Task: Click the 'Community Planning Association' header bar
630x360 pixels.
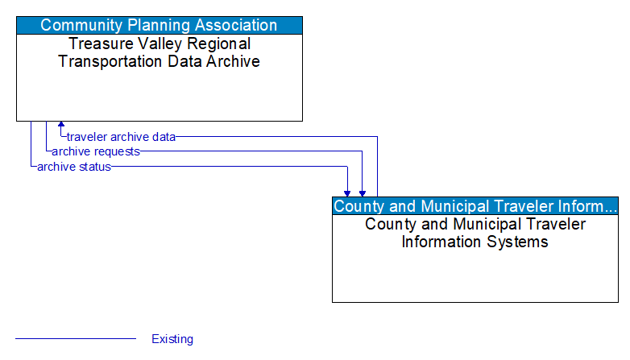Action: click(x=160, y=25)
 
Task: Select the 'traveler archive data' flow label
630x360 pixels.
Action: click(x=121, y=137)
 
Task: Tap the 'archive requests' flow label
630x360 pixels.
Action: click(x=96, y=151)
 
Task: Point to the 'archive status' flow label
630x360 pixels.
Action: click(x=74, y=167)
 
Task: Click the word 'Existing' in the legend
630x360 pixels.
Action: click(x=172, y=339)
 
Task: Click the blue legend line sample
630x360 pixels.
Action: click(x=76, y=339)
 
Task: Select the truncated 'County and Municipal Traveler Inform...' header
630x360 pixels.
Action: click(x=475, y=205)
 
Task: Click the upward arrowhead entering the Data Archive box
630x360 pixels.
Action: click(x=61, y=126)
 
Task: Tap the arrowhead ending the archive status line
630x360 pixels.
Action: click(x=347, y=193)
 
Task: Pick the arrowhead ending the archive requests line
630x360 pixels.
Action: click(x=363, y=193)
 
